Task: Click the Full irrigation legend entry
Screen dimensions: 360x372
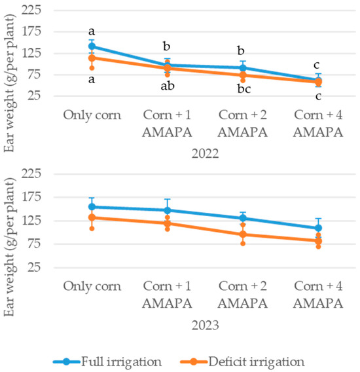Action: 107,362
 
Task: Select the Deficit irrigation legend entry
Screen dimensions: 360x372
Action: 242,362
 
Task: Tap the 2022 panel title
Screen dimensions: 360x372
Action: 205,154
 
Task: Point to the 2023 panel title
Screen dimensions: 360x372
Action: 205,325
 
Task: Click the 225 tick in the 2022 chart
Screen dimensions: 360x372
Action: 31,10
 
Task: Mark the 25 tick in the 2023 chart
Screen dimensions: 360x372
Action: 34,267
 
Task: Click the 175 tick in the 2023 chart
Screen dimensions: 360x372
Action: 31,197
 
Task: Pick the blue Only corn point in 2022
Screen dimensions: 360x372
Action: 92,46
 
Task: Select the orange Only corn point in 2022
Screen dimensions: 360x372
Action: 92,58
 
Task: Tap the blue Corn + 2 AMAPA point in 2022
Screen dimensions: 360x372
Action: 243,68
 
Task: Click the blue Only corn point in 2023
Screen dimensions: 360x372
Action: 92,207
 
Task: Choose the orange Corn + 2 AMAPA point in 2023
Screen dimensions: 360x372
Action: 243,234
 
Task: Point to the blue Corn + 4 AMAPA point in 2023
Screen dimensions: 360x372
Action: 318,228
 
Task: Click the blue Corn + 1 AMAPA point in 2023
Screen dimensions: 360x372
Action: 168,210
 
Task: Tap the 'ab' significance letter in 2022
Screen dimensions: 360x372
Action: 168,86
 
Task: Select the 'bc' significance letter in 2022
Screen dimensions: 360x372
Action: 244,89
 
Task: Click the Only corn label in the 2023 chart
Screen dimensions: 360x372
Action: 92,286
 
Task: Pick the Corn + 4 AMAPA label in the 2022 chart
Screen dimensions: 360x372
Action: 318,124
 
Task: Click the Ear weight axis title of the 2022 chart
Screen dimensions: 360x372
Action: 10,83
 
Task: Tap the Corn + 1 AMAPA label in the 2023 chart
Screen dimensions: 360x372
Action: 167,295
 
